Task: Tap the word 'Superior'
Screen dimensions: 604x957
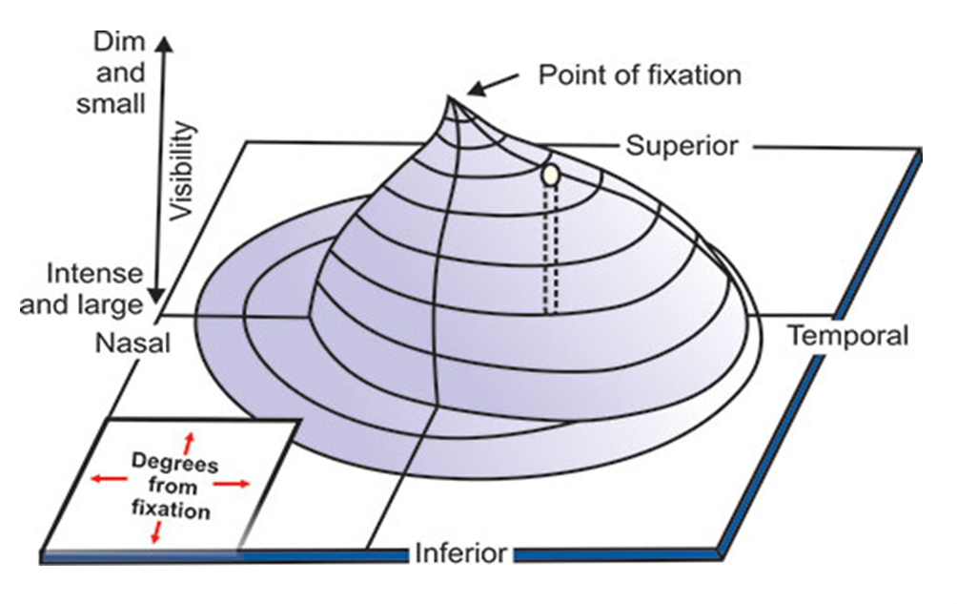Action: (x=682, y=146)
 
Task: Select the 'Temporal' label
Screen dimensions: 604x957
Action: (x=847, y=335)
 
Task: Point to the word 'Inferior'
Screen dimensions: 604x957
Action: (x=460, y=553)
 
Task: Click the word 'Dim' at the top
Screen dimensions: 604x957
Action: (x=119, y=41)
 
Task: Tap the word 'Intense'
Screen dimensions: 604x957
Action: (x=94, y=275)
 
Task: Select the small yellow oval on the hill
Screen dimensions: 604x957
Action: (x=550, y=175)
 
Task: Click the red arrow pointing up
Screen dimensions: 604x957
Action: (x=189, y=442)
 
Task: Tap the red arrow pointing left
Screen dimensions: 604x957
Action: (x=102, y=478)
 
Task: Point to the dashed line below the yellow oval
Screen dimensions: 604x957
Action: (x=550, y=248)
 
